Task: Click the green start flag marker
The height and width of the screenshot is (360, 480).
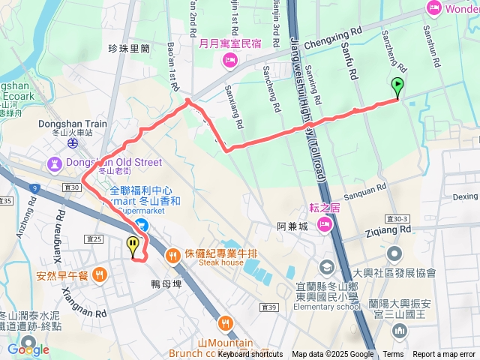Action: [397, 86]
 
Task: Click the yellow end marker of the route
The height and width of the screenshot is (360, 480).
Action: [133, 244]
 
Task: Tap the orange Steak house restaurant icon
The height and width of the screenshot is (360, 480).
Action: [174, 255]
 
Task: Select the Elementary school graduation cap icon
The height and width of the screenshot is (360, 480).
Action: [326, 266]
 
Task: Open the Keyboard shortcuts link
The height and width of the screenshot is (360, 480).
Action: [250, 354]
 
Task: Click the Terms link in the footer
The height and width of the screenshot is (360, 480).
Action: [393, 354]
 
